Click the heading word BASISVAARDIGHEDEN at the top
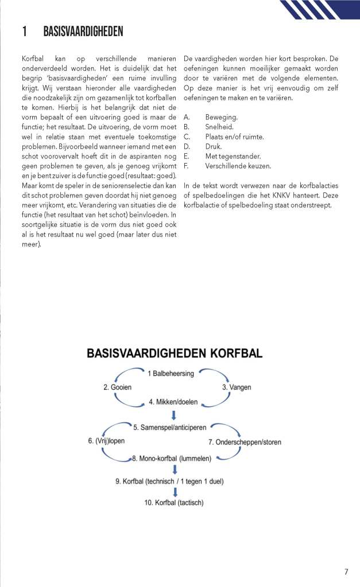pyautogui.click(x=83, y=32)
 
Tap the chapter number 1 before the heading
pyautogui.click(x=25, y=32)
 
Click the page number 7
pyautogui.click(x=346, y=572)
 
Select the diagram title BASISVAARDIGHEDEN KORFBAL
pyautogui.click(x=175, y=353)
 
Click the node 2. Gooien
pyautogui.click(x=117, y=387)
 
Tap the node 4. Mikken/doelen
pyautogui.click(x=173, y=402)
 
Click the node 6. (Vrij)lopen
pyautogui.click(x=106, y=441)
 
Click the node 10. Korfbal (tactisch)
pyautogui.click(x=173, y=503)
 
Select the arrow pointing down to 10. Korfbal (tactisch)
pyautogui.click(x=175, y=492)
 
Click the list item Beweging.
pyautogui.click(x=221, y=117)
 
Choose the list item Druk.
pyautogui.click(x=213, y=146)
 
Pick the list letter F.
pyautogui.click(x=186, y=166)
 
